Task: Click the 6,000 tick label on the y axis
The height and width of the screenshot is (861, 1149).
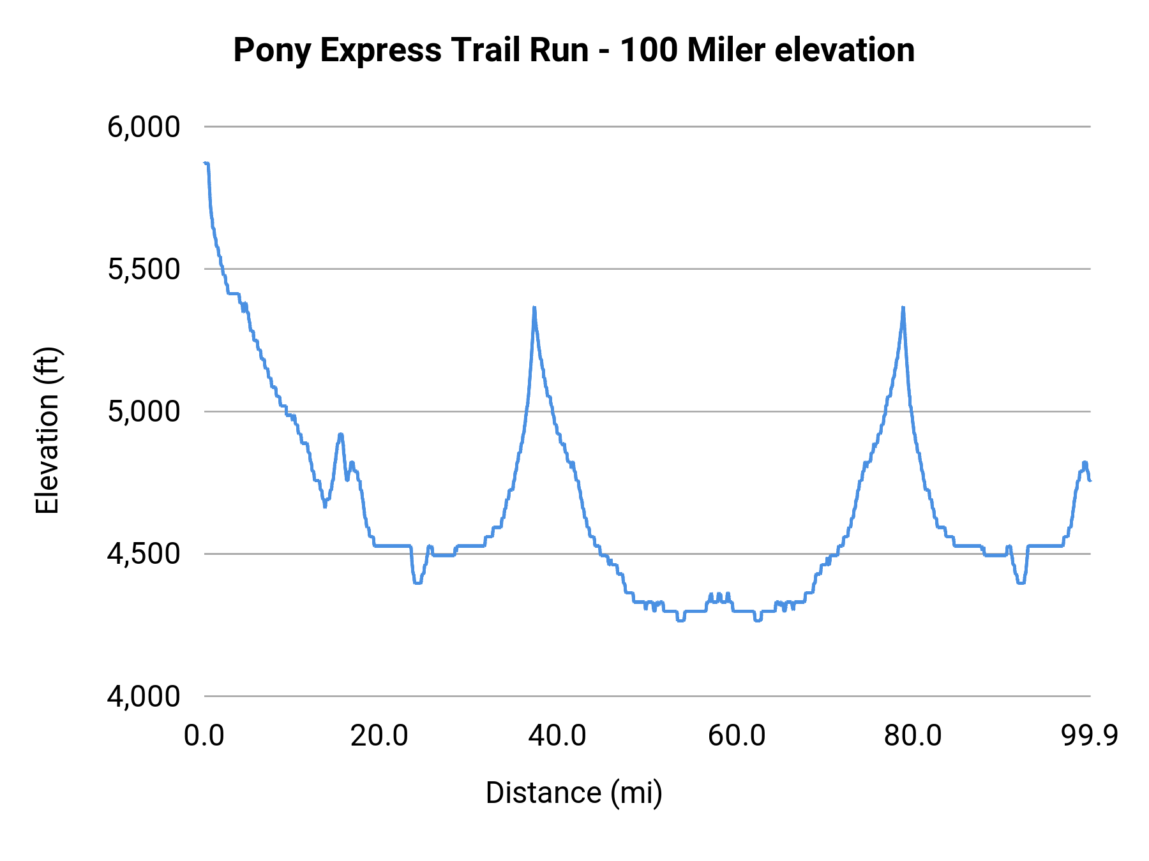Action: click(x=144, y=127)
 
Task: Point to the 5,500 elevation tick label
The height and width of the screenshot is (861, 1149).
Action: click(x=144, y=269)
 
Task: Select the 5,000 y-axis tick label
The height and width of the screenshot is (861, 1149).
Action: click(x=144, y=411)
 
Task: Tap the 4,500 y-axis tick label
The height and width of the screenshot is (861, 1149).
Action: click(x=144, y=554)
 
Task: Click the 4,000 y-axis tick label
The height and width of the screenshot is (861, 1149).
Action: click(x=144, y=696)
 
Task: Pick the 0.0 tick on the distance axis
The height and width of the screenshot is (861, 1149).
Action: click(x=204, y=735)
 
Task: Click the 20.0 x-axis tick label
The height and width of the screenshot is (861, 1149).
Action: click(x=379, y=735)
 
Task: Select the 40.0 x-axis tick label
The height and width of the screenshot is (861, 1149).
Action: click(x=557, y=735)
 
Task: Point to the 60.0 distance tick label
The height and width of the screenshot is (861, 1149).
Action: click(x=737, y=735)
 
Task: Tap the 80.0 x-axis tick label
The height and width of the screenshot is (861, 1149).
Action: click(x=913, y=735)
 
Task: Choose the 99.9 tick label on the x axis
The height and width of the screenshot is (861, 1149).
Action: click(x=1090, y=735)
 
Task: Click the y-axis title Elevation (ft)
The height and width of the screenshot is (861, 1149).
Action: click(x=47, y=430)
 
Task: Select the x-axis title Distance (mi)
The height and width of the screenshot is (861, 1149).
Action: click(x=574, y=793)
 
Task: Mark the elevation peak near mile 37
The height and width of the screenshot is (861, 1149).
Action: click(x=534, y=308)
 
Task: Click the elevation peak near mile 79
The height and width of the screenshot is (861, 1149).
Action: click(x=903, y=308)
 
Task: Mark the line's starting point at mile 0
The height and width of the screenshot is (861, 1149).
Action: click(x=206, y=163)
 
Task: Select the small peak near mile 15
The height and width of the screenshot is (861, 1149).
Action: click(x=341, y=434)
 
